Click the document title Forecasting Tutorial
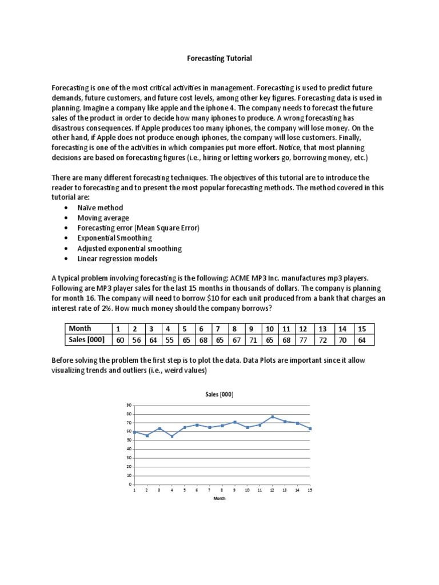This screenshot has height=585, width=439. (220, 58)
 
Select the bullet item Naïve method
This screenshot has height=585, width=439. (100, 207)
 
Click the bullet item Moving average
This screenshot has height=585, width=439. (103, 218)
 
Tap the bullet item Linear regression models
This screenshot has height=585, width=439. (117, 259)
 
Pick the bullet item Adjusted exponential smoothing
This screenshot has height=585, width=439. (129, 249)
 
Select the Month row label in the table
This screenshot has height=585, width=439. (80, 328)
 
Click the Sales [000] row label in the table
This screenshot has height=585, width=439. (86, 340)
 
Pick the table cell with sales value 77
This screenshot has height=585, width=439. (303, 340)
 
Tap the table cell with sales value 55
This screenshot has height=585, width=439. (168, 340)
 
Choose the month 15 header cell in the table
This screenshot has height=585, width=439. (361, 328)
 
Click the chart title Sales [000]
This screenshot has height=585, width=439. (219, 394)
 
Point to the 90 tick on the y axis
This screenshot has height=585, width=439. (129, 405)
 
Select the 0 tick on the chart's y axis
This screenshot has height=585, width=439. (130, 484)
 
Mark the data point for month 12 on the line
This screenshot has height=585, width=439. (272, 416)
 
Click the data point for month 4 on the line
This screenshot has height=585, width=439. (172, 436)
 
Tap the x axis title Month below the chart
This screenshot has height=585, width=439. (219, 498)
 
